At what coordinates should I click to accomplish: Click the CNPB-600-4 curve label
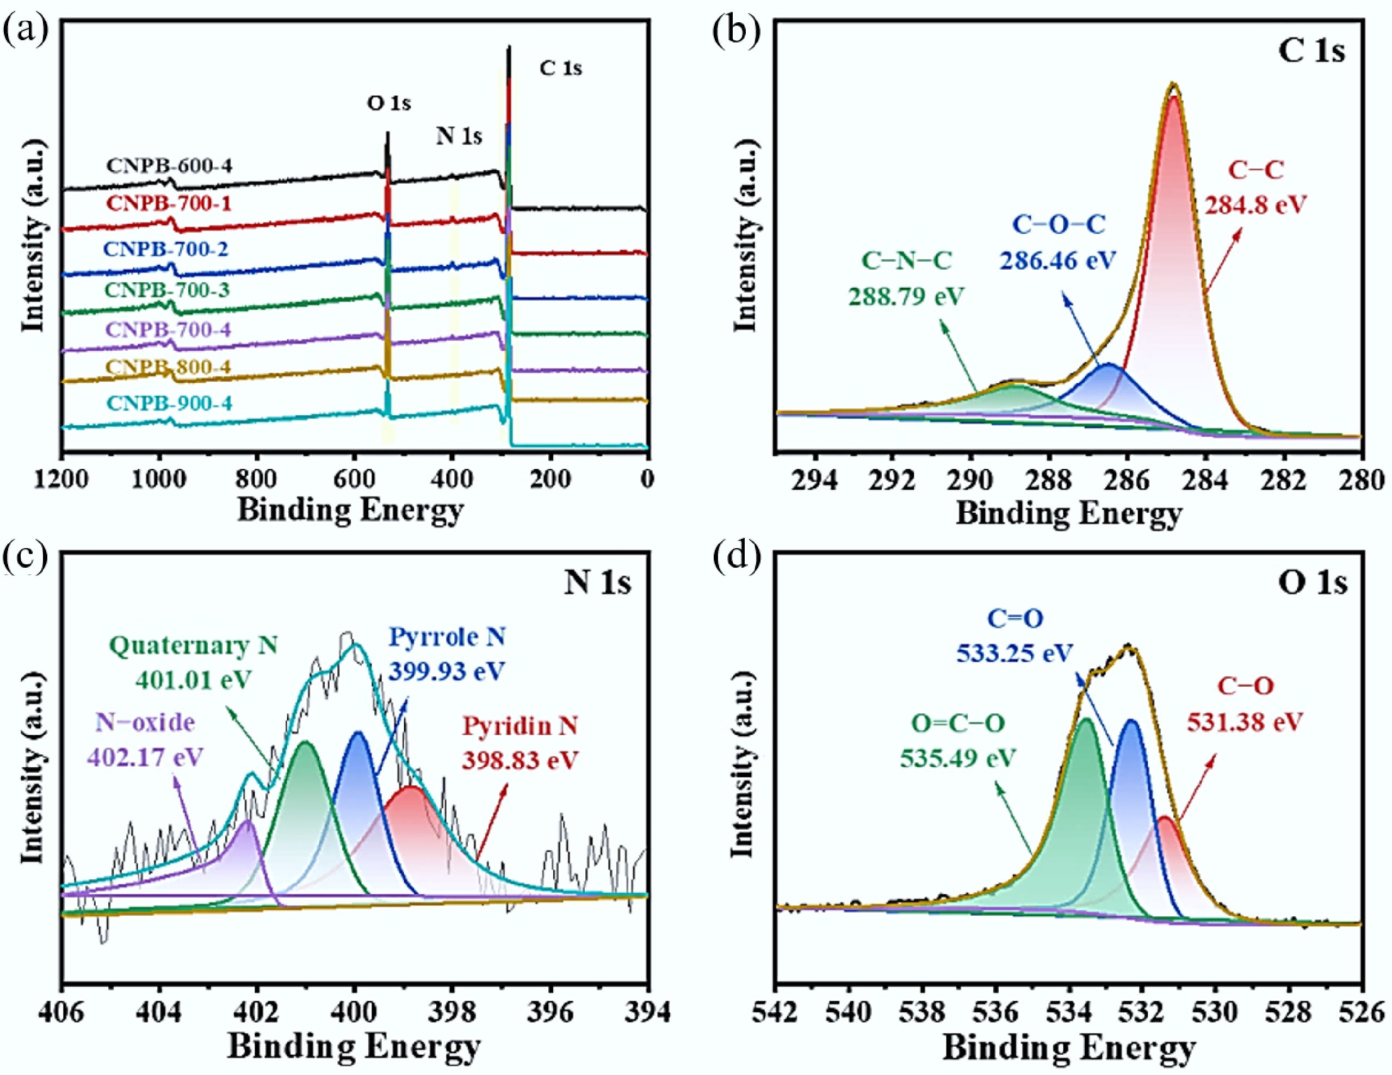pos(169,166)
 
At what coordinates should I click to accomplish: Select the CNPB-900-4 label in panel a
pos(169,403)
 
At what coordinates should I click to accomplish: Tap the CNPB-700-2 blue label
pos(166,249)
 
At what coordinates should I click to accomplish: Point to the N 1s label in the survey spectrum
pos(459,136)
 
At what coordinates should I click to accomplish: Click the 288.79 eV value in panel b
pos(906,296)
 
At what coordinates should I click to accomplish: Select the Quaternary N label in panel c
pos(194,646)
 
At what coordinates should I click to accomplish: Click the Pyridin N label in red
pos(520,726)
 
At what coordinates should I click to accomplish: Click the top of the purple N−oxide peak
pos(248,823)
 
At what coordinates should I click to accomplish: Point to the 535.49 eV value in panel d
pos(957,759)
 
